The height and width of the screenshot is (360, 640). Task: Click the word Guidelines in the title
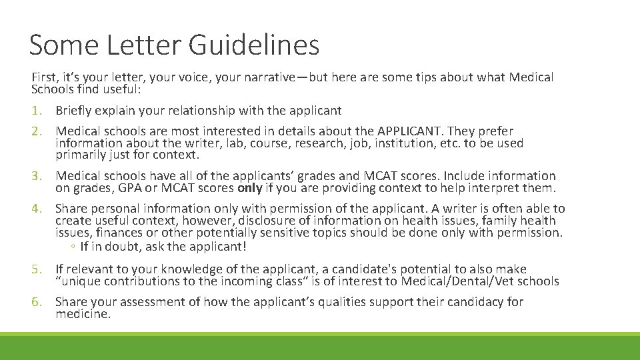coord(254,45)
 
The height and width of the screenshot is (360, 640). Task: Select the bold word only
coord(250,188)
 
